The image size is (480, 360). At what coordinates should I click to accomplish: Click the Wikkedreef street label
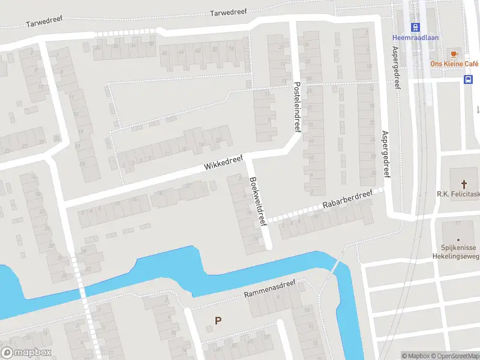(x=223, y=162)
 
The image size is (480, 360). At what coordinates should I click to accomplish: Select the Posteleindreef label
(x=296, y=107)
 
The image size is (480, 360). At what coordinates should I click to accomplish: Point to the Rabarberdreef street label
(x=347, y=199)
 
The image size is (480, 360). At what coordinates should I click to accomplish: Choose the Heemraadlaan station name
(x=415, y=37)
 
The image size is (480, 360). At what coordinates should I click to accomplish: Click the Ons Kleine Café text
(x=454, y=64)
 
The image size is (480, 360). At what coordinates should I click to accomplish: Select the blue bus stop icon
(x=469, y=79)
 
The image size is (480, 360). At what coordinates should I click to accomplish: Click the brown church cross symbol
(x=463, y=183)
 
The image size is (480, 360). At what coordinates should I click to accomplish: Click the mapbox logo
(x=26, y=353)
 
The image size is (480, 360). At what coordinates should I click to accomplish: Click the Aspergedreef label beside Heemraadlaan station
(x=396, y=60)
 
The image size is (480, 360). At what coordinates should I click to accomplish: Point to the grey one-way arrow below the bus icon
(x=478, y=109)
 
